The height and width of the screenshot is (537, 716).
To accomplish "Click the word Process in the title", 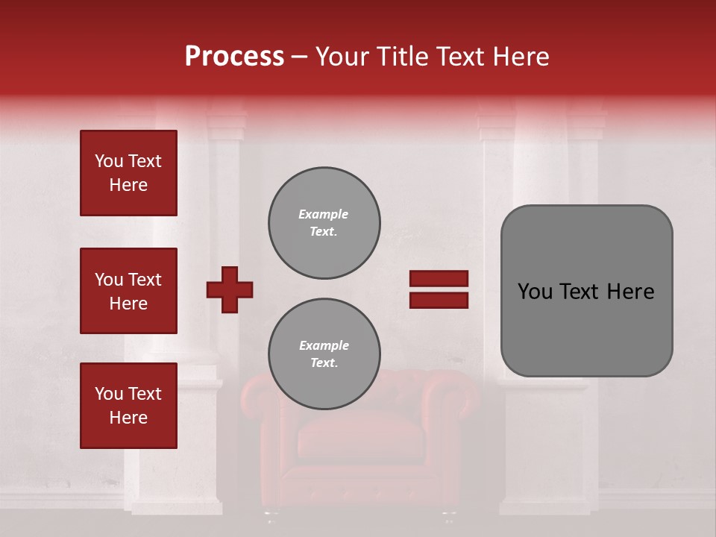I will pos(234,57).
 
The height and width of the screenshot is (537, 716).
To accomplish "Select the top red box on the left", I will pos(128,173).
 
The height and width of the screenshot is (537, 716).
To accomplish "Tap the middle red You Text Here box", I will pos(128,291).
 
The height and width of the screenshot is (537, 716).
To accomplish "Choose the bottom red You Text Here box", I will pos(128,406).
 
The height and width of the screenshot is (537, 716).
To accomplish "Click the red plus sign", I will pos(230,289).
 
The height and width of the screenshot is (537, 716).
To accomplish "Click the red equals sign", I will pos(439,289).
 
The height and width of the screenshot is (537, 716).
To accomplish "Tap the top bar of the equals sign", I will pos(439,279).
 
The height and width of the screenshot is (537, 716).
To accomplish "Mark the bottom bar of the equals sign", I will pos(439,300).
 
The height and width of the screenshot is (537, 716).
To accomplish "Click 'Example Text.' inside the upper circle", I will pos(324,222).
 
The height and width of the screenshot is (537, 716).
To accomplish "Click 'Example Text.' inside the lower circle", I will pos(324,354).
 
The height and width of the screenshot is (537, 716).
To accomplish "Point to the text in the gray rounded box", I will pos(586,292).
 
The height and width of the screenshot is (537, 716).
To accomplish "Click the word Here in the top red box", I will pos(128,185).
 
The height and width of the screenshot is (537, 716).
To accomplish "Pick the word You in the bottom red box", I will pos(109,394).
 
